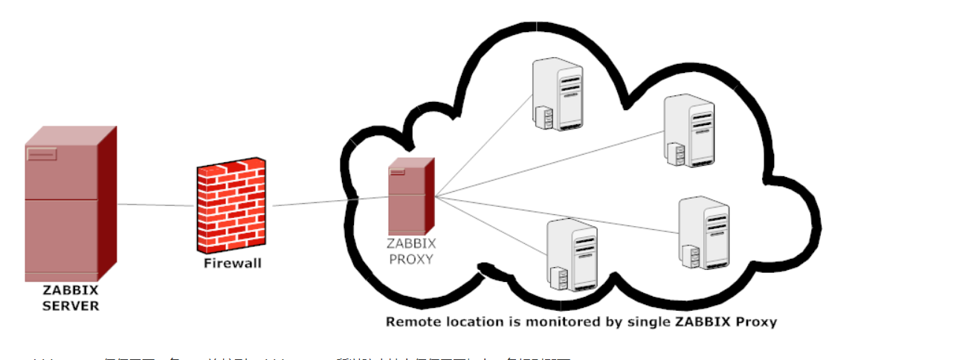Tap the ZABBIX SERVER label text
coord(70,298)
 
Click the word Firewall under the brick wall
coord(233,263)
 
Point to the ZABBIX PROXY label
coord(411,251)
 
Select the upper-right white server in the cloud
coord(689,129)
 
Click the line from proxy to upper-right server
coord(550,164)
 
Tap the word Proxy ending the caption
coord(756,322)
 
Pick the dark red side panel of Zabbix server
coord(109,201)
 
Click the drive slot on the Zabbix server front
coord(42,154)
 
